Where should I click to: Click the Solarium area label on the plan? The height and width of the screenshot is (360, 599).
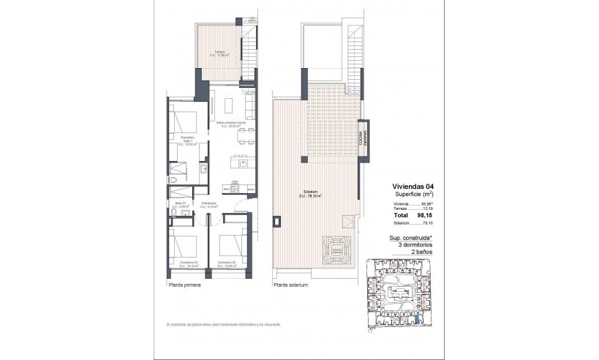(x=311, y=194)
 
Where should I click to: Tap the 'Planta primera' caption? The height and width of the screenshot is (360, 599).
(x=182, y=285)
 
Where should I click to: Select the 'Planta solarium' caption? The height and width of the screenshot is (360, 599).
(x=290, y=285)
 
